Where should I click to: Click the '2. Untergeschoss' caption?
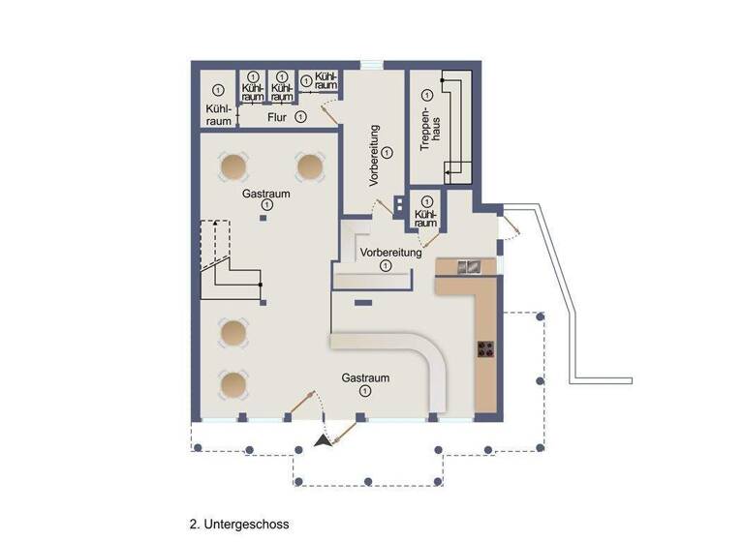[x=239, y=524]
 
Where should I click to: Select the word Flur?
[x=278, y=117]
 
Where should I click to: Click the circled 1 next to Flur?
[x=300, y=117]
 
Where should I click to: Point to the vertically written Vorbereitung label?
[x=374, y=155]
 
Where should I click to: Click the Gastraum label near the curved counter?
[x=365, y=377]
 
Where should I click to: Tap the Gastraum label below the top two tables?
[x=266, y=194]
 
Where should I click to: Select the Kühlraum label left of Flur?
[x=219, y=115]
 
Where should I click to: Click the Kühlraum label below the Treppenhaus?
[x=423, y=218]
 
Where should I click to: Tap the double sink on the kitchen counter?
[x=468, y=266]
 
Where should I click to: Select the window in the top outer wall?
[x=372, y=65]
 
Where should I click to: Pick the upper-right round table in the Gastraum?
[x=310, y=166]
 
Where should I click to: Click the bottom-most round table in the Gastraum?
[x=233, y=385]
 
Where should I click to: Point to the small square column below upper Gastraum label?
[x=263, y=218]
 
